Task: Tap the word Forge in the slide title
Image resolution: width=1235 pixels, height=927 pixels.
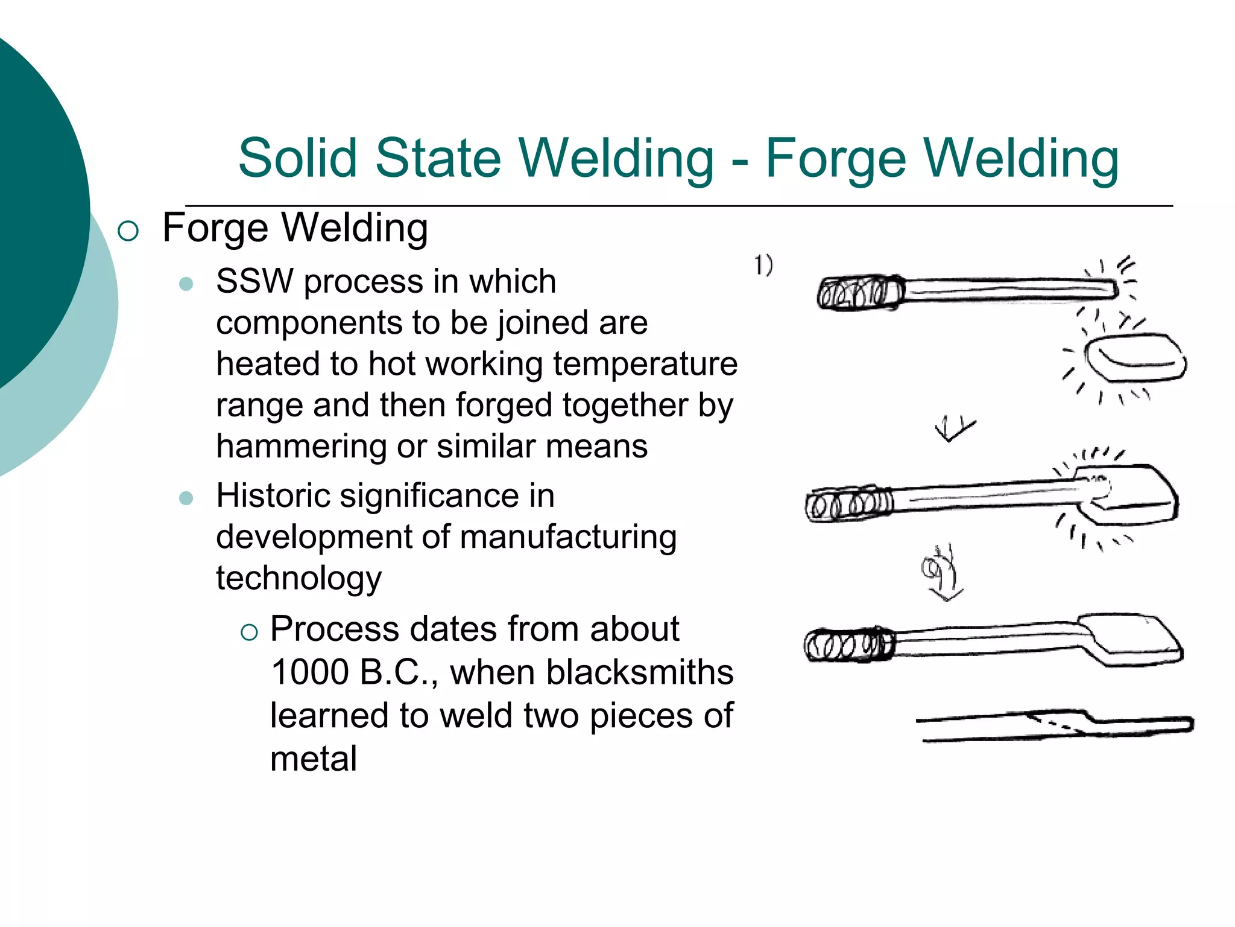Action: click(835, 159)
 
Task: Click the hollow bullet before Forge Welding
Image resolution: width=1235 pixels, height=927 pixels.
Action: click(128, 231)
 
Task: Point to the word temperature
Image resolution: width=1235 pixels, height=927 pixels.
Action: click(645, 364)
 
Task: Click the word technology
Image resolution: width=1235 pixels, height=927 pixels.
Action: click(298, 578)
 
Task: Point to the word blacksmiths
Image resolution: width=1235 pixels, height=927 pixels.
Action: click(640, 672)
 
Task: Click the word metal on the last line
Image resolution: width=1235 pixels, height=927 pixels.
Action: click(314, 759)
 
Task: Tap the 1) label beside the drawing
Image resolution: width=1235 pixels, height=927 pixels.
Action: click(763, 266)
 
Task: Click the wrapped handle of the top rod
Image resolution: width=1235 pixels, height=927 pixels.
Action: click(860, 293)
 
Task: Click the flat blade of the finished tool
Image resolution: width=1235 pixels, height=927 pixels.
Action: click(1131, 640)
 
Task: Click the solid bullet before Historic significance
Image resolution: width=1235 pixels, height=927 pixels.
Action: click(186, 498)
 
